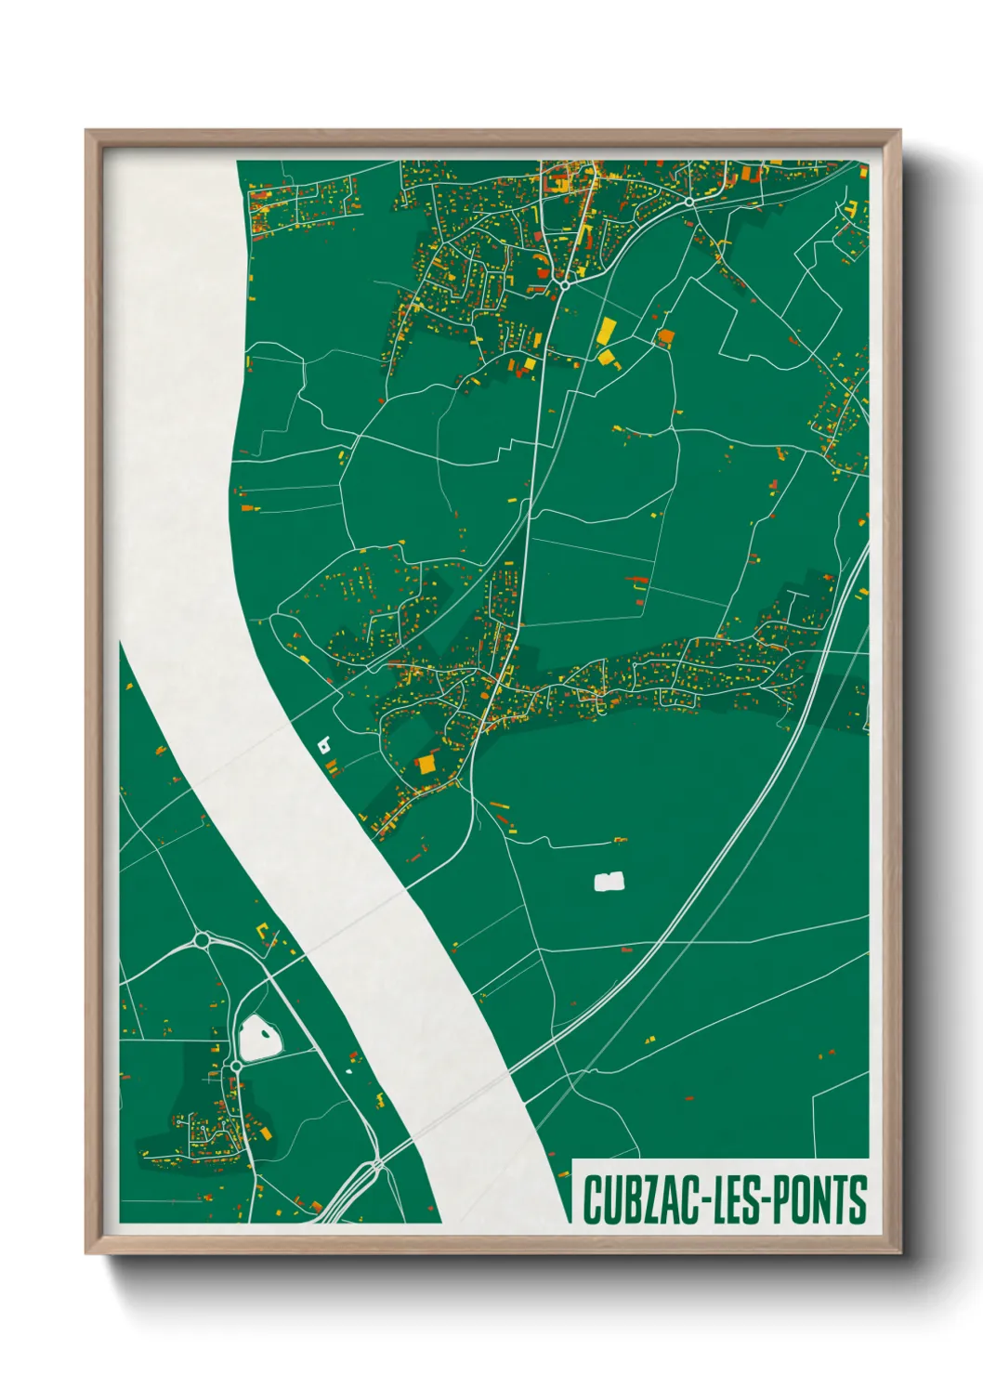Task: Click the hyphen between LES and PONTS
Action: point(767,1199)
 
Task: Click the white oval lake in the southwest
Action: point(259,1038)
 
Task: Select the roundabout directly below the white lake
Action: point(236,1067)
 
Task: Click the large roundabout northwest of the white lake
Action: point(202,941)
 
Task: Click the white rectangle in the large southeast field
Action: point(609,881)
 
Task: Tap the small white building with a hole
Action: point(324,743)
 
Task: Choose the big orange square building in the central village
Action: point(426,764)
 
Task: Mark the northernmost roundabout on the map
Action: point(689,201)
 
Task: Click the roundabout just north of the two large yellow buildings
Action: point(564,284)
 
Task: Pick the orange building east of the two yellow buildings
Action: point(665,336)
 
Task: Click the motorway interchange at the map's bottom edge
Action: point(375,1165)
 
